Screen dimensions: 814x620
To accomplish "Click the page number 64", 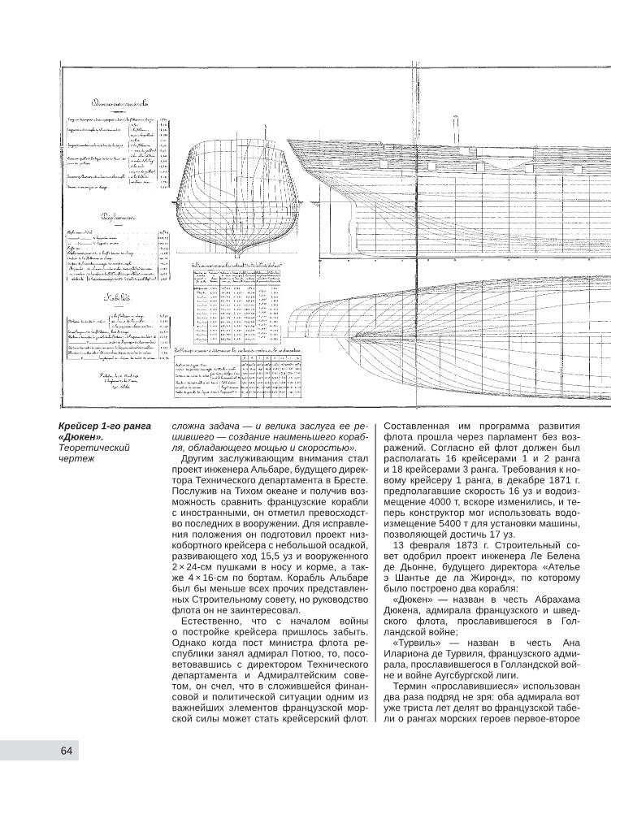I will click(67, 751).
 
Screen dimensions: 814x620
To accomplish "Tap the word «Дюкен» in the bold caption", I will click(80, 439).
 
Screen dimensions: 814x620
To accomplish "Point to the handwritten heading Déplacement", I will click(118, 219).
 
